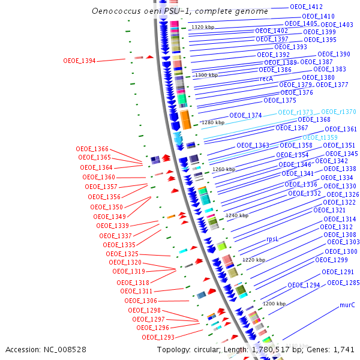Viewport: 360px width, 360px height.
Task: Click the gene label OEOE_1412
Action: (x=306, y=7)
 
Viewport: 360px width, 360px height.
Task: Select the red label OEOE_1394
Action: (x=79, y=61)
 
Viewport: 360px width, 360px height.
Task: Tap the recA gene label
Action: (x=266, y=79)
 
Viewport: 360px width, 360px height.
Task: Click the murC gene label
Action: (x=347, y=305)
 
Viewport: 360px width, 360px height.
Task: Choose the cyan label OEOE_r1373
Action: (x=295, y=112)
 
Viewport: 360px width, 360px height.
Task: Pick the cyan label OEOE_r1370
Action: (x=338, y=112)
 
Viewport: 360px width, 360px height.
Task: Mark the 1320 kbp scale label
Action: (x=203, y=27)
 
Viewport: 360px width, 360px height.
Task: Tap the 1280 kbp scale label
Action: (x=212, y=122)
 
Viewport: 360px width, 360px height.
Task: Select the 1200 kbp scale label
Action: (x=274, y=304)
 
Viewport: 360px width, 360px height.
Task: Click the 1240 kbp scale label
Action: (x=237, y=215)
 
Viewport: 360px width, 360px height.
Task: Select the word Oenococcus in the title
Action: (x=114, y=11)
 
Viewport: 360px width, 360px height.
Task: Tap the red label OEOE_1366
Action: (x=92, y=149)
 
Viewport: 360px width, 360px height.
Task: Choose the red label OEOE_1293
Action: (x=158, y=337)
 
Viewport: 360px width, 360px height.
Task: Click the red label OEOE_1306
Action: (x=140, y=301)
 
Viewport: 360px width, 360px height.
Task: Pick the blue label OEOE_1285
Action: (x=343, y=282)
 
